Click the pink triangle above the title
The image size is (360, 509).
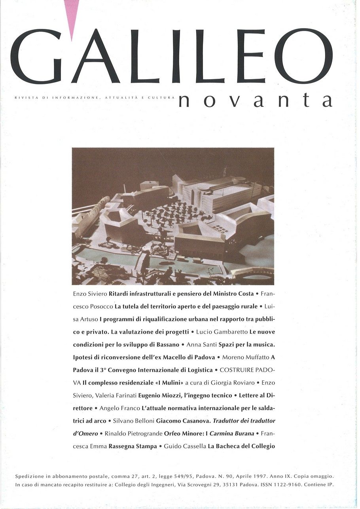click(71, 16)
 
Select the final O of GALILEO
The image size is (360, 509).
click(304, 56)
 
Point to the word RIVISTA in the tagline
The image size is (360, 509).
click(25, 97)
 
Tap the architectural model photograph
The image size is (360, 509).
click(173, 216)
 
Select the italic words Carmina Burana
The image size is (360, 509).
click(231, 433)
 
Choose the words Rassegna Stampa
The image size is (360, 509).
click(133, 446)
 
